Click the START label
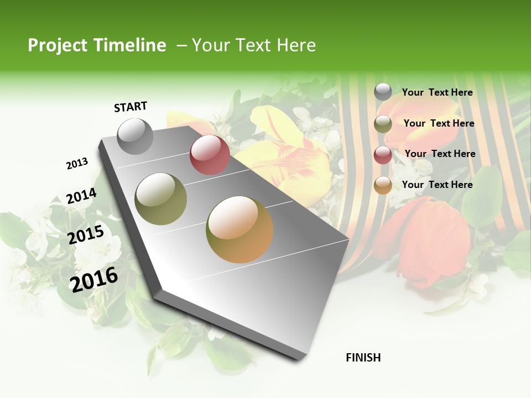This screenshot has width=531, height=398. (131, 107)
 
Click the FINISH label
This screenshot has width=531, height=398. (363, 358)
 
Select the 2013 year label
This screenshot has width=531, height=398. (77, 163)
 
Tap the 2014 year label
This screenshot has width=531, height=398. (81, 196)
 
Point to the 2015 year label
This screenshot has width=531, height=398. (86, 235)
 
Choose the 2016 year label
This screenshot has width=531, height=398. (93, 279)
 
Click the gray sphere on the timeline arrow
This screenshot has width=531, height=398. (136, 136)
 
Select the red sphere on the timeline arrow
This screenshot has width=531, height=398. (210, 155)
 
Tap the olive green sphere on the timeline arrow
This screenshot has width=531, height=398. (161, 198)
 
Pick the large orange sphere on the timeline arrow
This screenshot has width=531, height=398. (240, 229)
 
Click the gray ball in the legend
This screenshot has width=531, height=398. (383, 92)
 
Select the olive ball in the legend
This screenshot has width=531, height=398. (383, 124)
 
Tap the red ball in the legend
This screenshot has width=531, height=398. (383, 155)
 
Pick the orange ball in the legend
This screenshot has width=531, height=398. (383, 186)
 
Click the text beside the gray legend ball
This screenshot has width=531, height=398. (437, 92)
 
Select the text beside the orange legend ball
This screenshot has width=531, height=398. (437, 185)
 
